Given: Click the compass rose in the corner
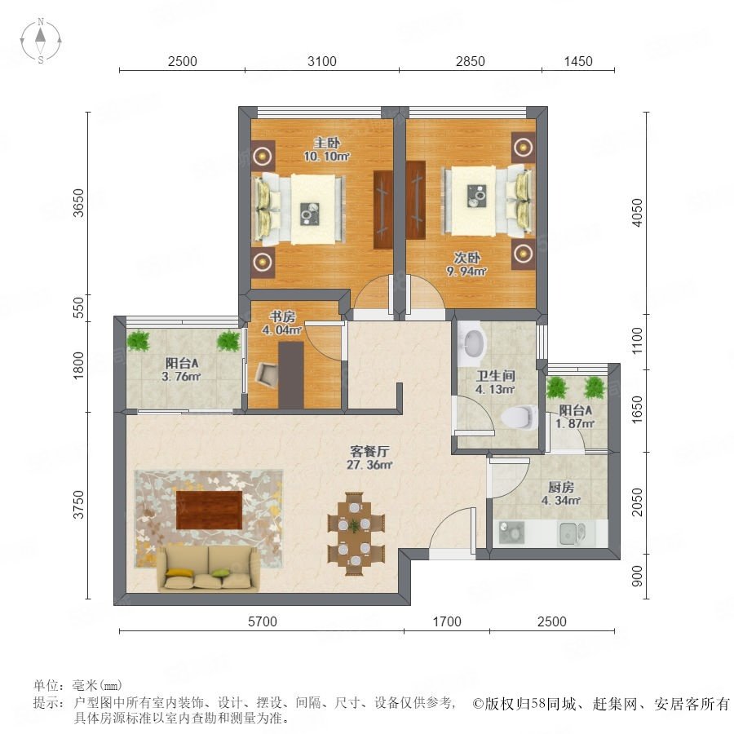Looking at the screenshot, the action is point(41,41).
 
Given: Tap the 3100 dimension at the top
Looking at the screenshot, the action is point(322,61).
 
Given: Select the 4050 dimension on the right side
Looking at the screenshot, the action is point(637,213).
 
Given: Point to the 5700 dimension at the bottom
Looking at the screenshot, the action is point(262,621).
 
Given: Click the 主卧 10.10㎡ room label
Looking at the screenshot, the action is point(327,150).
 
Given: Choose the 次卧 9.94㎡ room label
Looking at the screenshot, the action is point(466,264).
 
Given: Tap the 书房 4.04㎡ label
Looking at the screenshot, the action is point(282,324).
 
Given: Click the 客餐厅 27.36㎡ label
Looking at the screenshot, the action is point(369,458).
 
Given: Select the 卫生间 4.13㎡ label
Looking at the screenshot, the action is point(495,382).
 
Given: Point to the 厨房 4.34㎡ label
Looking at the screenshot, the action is point(561,494).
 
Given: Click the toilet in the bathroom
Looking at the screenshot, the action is point(520,417).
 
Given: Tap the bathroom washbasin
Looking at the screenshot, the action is point(473,344).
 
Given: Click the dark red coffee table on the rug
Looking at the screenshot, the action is point(210,510).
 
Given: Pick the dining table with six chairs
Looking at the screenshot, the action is point(356,533).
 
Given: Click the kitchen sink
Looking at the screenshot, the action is point(572,533).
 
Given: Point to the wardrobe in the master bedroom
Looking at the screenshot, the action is point(383,210).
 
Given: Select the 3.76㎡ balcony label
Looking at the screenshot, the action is point(181,369).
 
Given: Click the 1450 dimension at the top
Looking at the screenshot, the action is point(578,61).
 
